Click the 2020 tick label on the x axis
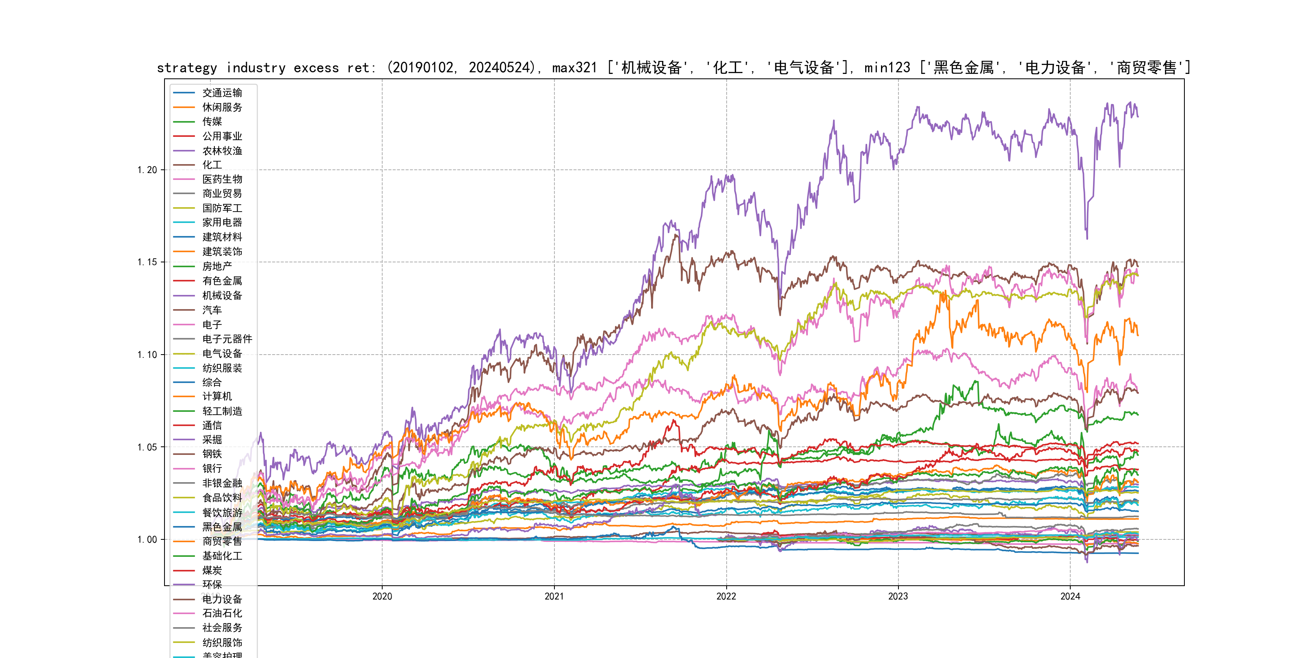click(x=382, y=596)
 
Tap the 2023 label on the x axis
click(x=898, y=596)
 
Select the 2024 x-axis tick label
click(x=1070, y=596)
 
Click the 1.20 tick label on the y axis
click(x=147, y=170)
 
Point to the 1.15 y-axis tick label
click(x=147, y=262)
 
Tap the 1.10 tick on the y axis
click(x=147, y=355)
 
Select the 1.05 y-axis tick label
click(x=147, y=448)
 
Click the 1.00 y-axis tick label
click(x=147, y=540)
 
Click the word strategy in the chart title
click(x=187, y=68)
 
